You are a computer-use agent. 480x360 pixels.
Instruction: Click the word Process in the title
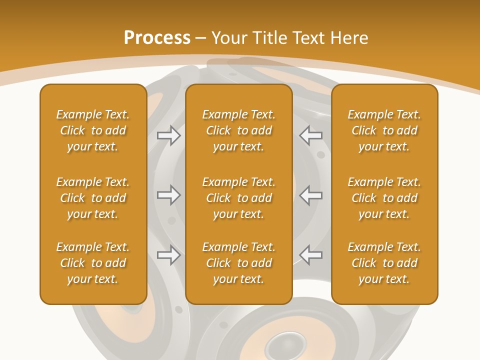click(x=157, y=38)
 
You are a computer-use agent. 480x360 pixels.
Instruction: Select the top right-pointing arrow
click(x=169, y=135)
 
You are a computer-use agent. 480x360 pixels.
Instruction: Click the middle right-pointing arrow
click(x=169, y=195)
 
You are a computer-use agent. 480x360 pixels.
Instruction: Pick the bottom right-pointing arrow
click(x=169, y=255)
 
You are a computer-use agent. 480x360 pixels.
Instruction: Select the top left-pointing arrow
click(x=311, y=135)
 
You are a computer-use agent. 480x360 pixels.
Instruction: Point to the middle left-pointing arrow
click(x=311, y=195)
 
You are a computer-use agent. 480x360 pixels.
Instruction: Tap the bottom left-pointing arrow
click(x=311, y=255)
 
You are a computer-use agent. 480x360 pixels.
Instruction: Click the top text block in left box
click(x=93, y=130)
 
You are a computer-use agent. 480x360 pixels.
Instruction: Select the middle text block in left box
click(x=93, y=198)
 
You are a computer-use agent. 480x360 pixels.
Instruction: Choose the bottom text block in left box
click(x=93, y=263)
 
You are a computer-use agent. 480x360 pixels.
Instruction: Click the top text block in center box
click(x=239, y=130)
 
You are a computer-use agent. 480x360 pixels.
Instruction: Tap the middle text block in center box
click(x=239, y=198)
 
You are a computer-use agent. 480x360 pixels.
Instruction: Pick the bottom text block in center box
click(x=239, y=263)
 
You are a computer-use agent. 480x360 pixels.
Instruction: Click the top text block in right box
click(x=384, y=130)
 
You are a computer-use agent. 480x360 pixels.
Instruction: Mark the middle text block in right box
click(x=384, y=198)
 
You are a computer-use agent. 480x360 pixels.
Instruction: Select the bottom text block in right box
click(x=384, y=263)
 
